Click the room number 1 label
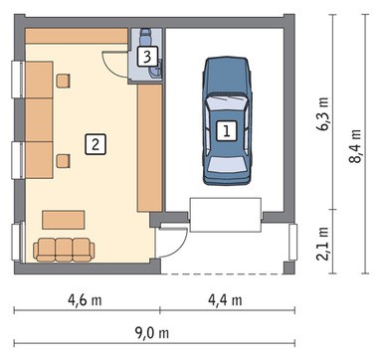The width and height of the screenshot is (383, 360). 227,131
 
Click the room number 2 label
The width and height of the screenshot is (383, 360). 96,144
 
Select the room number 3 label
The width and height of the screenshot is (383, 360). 147,57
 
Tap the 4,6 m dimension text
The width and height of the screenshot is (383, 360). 85,300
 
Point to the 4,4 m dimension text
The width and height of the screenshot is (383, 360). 225,300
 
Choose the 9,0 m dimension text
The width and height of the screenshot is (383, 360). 151,333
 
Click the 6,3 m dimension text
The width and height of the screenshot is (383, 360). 323,113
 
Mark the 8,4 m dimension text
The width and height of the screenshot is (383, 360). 355,145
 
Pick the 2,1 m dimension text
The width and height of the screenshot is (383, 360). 323,244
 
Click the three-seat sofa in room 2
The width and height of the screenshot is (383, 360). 64,250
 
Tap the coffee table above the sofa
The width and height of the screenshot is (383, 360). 64,220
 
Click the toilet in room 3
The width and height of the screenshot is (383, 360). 145,37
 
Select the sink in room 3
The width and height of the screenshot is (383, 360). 156,70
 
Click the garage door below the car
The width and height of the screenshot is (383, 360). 226,215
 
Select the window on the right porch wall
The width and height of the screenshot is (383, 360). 292,243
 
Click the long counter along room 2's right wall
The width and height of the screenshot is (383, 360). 149,148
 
